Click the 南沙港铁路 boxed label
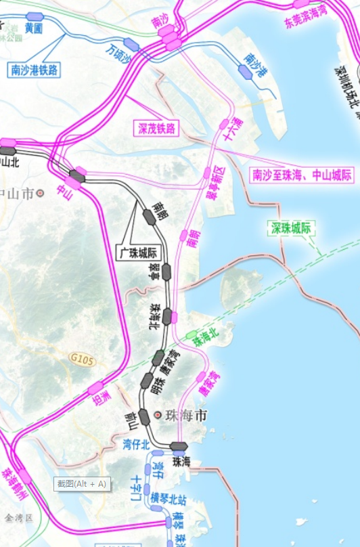point(34,69)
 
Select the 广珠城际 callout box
point(143,253)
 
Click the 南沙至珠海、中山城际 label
point(302,175)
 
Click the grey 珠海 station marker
point(179,446)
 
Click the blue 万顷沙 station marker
point(131,45)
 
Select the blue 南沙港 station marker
point(245,72)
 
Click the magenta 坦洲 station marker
point(95,388)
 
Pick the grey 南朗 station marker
point(149,216)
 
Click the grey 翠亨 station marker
point(166,272)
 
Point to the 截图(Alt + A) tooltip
point(82,483)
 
